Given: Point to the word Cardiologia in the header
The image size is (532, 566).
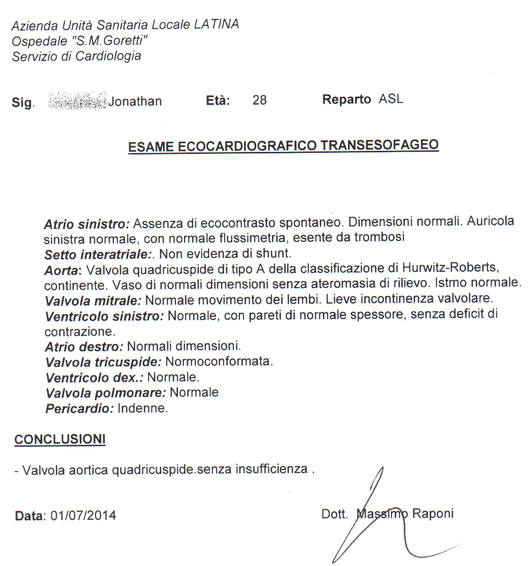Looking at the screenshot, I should tap(108, 56).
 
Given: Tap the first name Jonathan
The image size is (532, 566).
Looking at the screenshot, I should tap(135, 101).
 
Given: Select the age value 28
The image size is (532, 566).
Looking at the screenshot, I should tap(260, 100).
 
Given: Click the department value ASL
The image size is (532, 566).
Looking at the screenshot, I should tap(391, 99).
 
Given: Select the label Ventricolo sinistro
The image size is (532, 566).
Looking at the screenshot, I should tap(105, 316).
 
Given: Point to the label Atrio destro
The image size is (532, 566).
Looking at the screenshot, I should tap(84, 347).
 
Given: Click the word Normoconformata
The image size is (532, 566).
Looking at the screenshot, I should tap(219, 362).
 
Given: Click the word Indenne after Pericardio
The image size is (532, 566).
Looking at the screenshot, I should tap(143, 408).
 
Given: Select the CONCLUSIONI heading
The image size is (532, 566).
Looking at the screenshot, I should tap(60, 439).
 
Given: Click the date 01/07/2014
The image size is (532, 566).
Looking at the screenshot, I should tap(83, 516).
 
